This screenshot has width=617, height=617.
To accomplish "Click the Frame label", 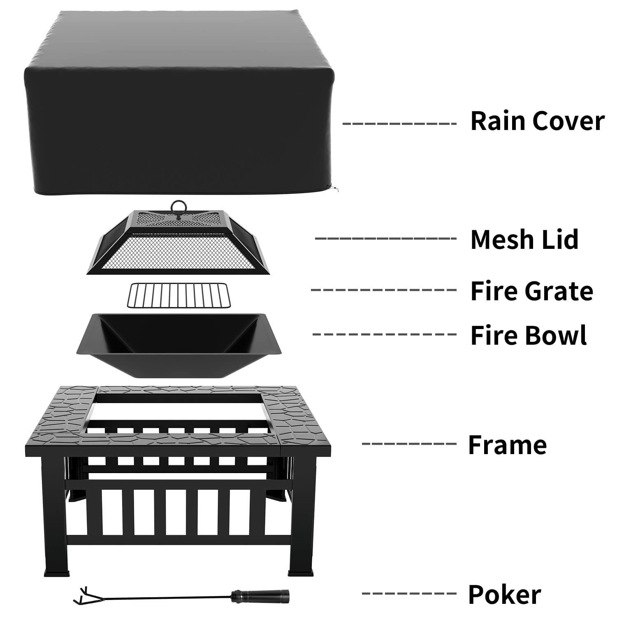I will tap(507, 445).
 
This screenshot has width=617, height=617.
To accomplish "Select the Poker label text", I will tap(504, 595).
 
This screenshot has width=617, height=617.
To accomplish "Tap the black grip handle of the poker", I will tap(260, 595).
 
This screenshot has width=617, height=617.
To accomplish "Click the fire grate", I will tap(179, 295).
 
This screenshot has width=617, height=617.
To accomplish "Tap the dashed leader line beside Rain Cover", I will tap(399, 123).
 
